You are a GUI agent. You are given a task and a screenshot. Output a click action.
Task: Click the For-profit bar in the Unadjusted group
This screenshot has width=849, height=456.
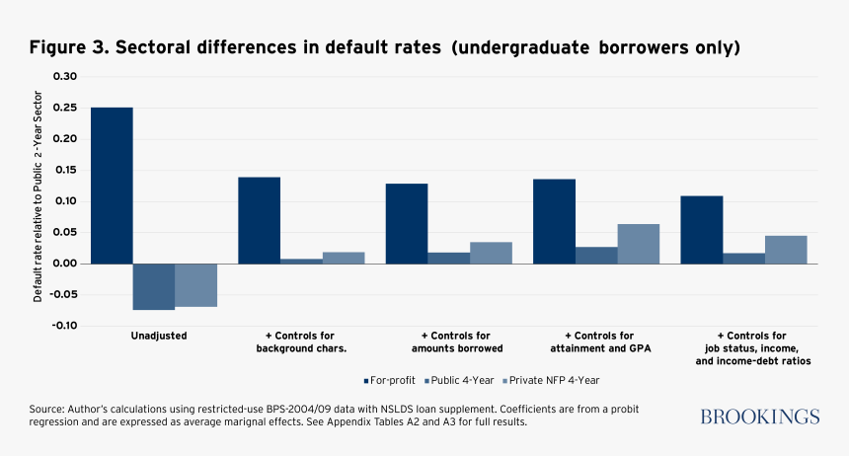coord(112,186)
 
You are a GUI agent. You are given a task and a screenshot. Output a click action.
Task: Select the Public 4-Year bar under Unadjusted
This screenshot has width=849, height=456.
coord(153,286)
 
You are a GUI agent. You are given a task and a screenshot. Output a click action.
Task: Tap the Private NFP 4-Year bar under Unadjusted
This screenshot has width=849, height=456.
coord(195,284)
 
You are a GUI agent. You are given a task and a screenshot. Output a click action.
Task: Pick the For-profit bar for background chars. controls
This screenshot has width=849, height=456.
coord(259,220)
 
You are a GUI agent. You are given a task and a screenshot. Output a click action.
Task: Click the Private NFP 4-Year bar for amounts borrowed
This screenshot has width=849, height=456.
coord(491,253)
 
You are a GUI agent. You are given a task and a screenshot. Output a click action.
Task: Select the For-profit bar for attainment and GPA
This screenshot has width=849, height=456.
coord(554,221)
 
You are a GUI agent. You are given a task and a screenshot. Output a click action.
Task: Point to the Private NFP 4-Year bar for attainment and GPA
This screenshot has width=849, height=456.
coord(638,244)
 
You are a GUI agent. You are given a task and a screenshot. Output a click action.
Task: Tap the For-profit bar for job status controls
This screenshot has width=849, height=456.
coord(701,229)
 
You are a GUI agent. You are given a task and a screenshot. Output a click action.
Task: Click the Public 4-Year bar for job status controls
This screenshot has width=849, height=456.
coord(743,259)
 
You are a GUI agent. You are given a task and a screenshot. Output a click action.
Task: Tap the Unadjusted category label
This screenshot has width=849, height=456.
coord(159,336)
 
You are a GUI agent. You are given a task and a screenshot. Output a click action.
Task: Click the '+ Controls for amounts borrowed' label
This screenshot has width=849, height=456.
coord(457,342)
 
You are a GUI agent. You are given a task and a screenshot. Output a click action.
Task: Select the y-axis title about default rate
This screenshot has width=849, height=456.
coord(38,201)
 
